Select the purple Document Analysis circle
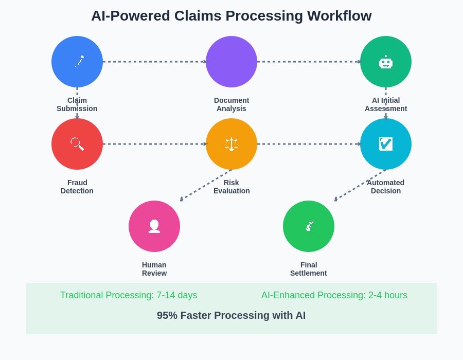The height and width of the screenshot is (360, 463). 232,62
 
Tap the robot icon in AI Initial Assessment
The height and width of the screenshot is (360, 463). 386,63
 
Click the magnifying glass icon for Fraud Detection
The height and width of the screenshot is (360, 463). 77,143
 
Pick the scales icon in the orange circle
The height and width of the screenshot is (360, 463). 232,143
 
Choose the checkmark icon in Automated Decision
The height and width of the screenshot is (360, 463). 386,144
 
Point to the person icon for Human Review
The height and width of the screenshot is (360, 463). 154,226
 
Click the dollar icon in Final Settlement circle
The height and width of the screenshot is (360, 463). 309,226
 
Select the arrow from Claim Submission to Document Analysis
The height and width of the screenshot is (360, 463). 154,62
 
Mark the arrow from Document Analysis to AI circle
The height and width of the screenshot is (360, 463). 309,62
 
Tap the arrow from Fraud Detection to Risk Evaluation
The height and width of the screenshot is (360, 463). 154,144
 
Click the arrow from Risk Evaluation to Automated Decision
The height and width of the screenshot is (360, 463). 309,144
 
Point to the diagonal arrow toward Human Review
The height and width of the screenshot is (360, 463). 206,185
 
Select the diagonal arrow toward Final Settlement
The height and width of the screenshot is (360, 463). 360,185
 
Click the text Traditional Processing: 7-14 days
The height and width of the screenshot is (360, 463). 129,295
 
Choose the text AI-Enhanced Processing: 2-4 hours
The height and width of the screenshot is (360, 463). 334,295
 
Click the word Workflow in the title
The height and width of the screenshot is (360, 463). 340,16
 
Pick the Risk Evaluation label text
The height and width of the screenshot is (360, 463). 232,187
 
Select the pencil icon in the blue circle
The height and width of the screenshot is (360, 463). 79,61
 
